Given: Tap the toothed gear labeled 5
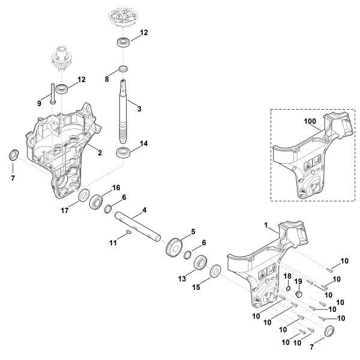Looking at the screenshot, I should click(172, 245).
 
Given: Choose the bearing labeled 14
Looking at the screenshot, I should click(124, 151).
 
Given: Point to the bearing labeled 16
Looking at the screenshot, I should click(95, 202).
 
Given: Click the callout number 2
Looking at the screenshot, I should click(100, 152).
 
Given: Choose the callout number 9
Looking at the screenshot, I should click(40, 103).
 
